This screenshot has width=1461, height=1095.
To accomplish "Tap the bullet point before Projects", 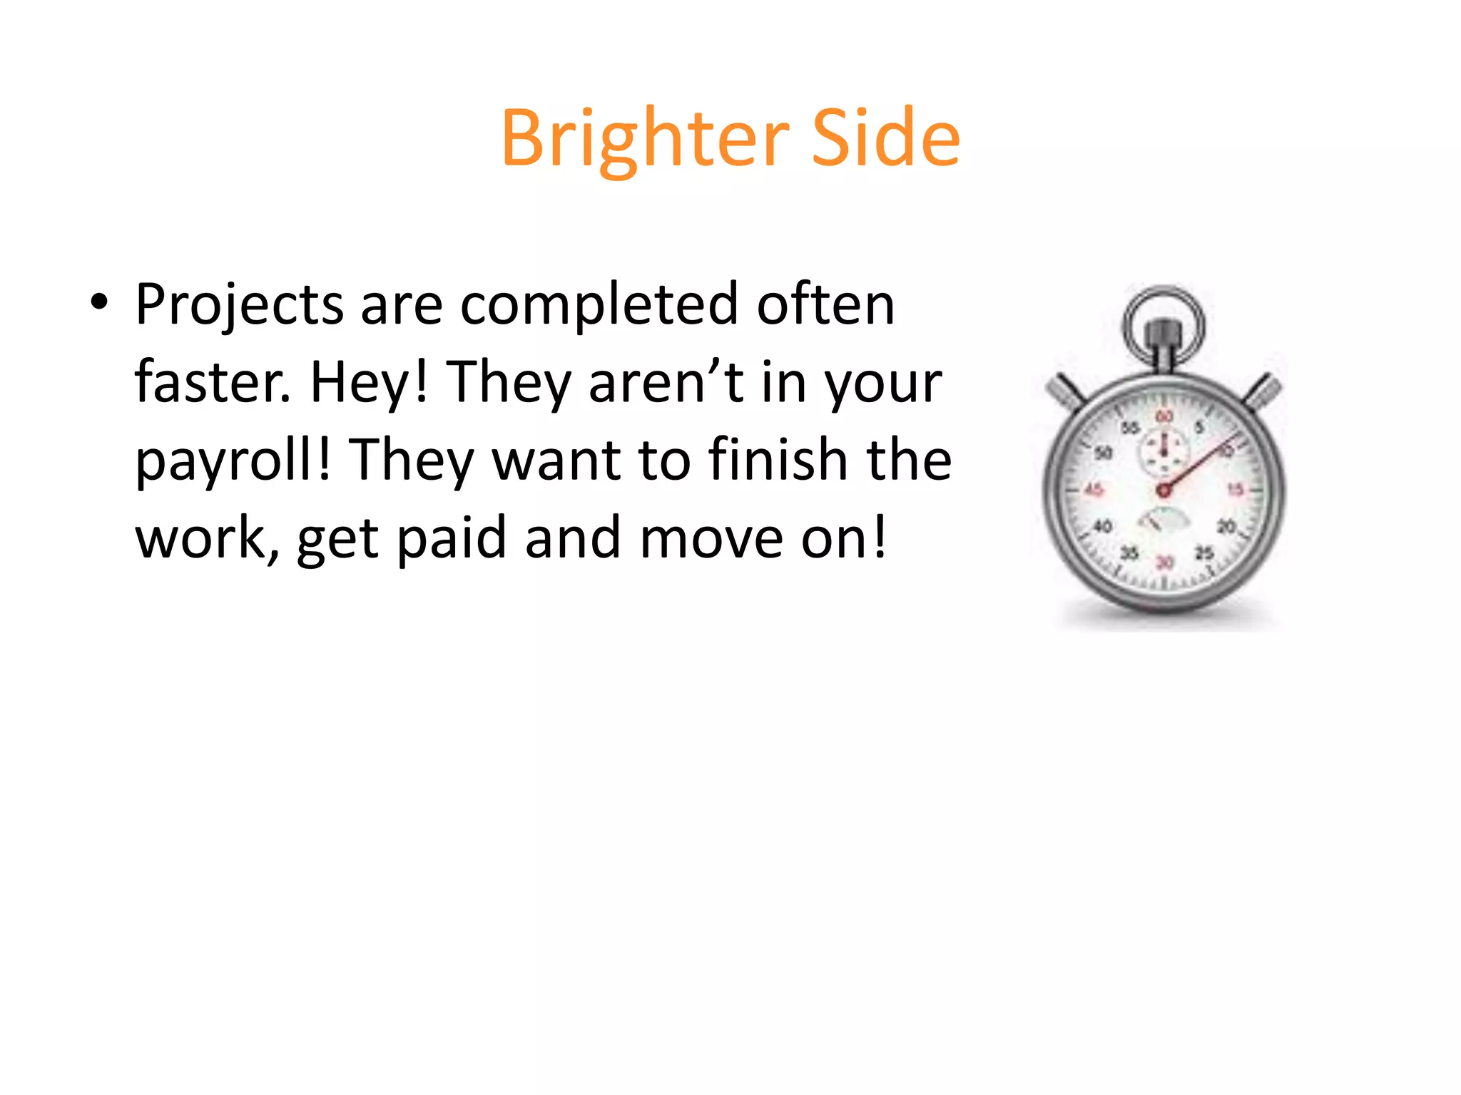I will pyautogui.click(x=99, y=302).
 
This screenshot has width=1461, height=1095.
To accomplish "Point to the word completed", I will pyautogui.click(x=599, y=305).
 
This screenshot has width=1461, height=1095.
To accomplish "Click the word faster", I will pyautogui.click(x=212, y=382).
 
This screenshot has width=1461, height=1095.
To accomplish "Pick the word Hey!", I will pyautogui.click(x=368, y=384).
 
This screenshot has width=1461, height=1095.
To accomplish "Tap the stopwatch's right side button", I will pyautogui.click(x=1266, y=391).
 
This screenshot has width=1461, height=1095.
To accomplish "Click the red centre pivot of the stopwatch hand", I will pyautogui.click(x=1164, y=490).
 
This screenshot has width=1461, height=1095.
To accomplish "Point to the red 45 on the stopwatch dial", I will pyautogui.click(x=1093, y=490).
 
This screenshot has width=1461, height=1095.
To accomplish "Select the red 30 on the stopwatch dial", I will pyautogui.click(x=1164, y=562).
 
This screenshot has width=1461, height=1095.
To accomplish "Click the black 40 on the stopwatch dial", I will pyautogui.click(x=1103, y=527).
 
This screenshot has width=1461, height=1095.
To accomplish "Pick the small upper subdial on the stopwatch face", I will pyautogui.click(x=1164, y=451).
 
